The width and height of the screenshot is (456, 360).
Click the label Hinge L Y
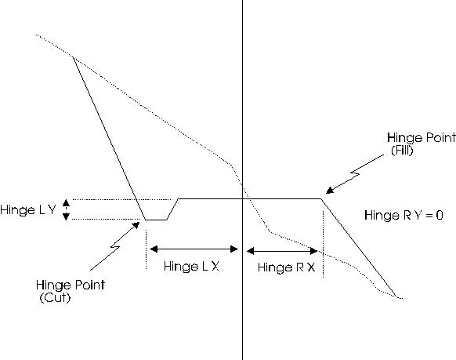(x=28, y=209)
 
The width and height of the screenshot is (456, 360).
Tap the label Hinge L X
(x=191, y=266)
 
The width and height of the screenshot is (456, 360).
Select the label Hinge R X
(x=287, y=267)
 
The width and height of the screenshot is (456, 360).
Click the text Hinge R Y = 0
(x=404, y=216)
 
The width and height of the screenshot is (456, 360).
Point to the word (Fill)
(x=402, y=150)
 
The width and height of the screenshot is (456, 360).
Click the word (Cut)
(x=55, y=297)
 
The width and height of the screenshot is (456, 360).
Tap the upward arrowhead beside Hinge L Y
(x=67, y=202)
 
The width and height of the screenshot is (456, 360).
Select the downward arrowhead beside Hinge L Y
(x=67, y=216)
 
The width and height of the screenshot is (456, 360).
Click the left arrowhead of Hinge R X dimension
(x=251, y=250)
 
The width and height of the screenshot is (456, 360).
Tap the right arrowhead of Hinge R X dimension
(x=313, y=250)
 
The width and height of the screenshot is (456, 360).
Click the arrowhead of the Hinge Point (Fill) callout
(x=330, y=190)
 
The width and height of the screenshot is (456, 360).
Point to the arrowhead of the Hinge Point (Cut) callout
(x=136, y=226)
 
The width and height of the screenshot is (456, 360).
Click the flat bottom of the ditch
(x=156, y=220)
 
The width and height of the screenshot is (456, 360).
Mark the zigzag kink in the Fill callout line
(x=355, y=173)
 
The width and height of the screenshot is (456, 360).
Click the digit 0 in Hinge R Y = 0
(x=440, y=216)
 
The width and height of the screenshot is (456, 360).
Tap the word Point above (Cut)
(x=90, y=285)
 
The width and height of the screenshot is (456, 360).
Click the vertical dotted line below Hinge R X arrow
(x=323, y=244)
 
